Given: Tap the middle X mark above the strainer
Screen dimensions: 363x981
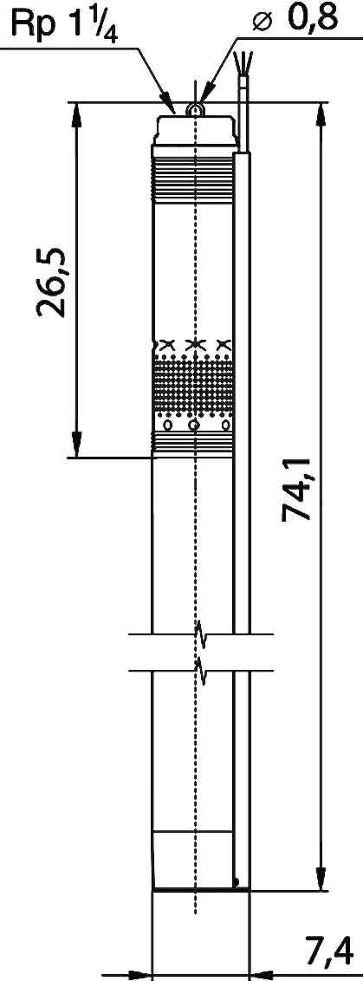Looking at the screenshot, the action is coord(195,344).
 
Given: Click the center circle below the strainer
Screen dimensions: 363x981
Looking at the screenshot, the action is coord(195,426).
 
